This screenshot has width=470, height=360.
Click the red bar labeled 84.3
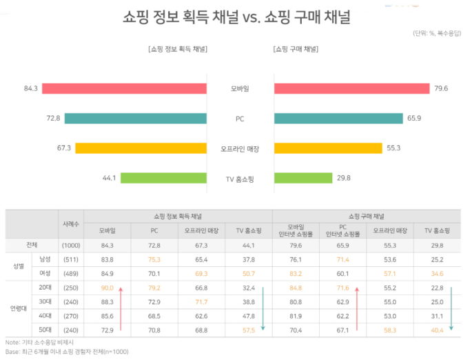pos(124,88)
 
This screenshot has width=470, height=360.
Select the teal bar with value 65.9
pos(338,118)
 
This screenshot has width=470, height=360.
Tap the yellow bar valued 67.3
pos(141,148)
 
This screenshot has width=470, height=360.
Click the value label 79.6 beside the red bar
pos(442,88)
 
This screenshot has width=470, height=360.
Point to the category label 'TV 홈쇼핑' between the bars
pos(240,179)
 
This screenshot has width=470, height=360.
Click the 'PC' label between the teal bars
pos(240,119)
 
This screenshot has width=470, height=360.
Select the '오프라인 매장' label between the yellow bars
pos(240,148)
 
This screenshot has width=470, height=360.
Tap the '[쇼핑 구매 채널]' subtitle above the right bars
pos(296,49)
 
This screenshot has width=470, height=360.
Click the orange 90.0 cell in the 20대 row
pos(107,288)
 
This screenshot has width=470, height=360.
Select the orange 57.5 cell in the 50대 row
pos(248,330)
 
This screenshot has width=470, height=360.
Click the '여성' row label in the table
pos(44,273)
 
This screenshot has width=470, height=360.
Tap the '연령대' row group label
pos(19,308)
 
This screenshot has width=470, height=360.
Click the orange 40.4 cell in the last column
pos(436,330)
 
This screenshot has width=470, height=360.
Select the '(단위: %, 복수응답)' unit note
pos(438,32)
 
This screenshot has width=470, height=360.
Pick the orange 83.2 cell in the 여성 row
pos(295,273)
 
